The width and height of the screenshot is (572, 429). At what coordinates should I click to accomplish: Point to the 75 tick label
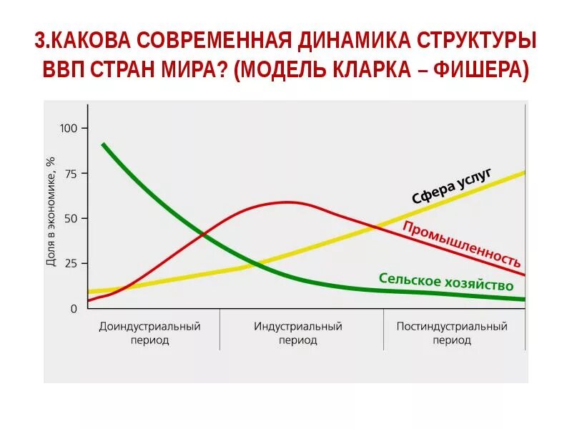point(69,174)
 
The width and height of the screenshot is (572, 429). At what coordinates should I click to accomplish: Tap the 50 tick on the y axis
point(69,218)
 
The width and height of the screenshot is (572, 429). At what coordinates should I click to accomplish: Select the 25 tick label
point(69,264)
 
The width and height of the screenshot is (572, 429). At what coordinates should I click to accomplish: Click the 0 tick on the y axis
point(73,309)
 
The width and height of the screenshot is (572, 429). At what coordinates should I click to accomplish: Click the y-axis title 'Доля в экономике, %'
point(51,212)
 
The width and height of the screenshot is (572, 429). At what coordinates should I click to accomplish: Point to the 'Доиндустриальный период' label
point(149,333)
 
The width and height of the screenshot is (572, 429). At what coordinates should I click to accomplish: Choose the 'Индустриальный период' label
point(297,333)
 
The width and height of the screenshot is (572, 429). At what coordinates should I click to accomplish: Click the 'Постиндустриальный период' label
point(452,333)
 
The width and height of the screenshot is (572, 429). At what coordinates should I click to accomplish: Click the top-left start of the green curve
point(103,144)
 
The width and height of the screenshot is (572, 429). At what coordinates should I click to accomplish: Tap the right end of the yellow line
point(524,172)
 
